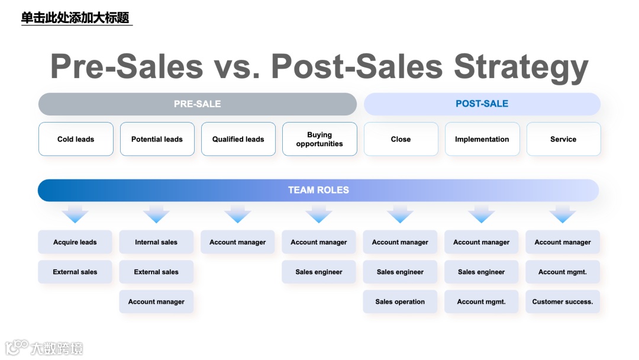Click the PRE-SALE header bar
click(x=197, y=104)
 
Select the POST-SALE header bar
click(x=482, y=104)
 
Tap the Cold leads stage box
click(x=76, y=139)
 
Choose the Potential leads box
click(x=157, y=139)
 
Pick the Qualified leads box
click(x=238, y=139)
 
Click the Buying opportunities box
click(x=319, y=139)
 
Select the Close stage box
click(x=401, y=139)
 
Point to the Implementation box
click(x=482, y=139)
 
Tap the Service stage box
click(x=563, y=139)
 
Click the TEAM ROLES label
click(x=318, y=190)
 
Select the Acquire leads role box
click(x=75, y=242)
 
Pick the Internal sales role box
click(x=156, y=242)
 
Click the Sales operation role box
click(x=400, y=301)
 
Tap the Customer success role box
click(x=562, y=301)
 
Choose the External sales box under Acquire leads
click(x=75, y=272)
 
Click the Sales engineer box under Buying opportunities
click(x=319, y=272)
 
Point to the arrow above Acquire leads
click(x=75, y=214)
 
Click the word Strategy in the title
click(x=521, y=66)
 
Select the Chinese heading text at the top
click(x=75, y=18)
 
